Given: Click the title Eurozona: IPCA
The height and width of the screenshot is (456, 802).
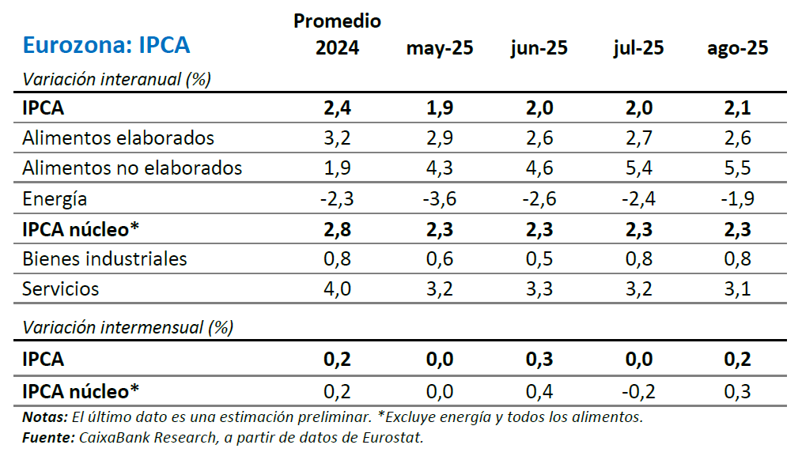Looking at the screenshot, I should [x=107, y=45].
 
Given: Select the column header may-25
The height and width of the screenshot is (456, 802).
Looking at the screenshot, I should [x=440, y=48].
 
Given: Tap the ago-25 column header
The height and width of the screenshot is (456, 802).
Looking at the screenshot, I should [x=737, y=48].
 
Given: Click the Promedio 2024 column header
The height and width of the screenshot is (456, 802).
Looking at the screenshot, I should [x=338, y=34].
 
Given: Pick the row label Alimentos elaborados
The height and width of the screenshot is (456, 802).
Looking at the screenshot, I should [x=119, y=138].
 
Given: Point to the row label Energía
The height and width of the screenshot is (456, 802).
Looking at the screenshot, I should [x=55, y=198].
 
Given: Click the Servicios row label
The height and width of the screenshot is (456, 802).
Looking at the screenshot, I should [x=61, y=288].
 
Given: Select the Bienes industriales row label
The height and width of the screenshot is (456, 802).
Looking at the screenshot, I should [x=105, y=258].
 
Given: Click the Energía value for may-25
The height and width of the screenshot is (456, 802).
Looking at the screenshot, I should [x=440, y=198].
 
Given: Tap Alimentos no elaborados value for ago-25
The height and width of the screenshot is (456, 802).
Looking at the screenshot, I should [x=737, y=168].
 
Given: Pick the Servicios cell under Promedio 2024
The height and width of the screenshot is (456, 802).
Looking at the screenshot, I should [x=338, y=288].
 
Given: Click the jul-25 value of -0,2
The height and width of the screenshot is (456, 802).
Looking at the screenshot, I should [x=637, y=390].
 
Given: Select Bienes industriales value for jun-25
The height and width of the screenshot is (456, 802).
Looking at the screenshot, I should [x=539, y=258].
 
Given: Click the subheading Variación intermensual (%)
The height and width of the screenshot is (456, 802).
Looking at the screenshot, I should [x=128, y=327].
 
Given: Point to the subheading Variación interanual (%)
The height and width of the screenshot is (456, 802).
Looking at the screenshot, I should [x=116, y=79].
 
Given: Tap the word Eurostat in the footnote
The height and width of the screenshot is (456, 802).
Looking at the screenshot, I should [x=395, y=437].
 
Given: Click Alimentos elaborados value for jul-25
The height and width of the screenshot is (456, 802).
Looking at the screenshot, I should [x=637, y=138].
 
